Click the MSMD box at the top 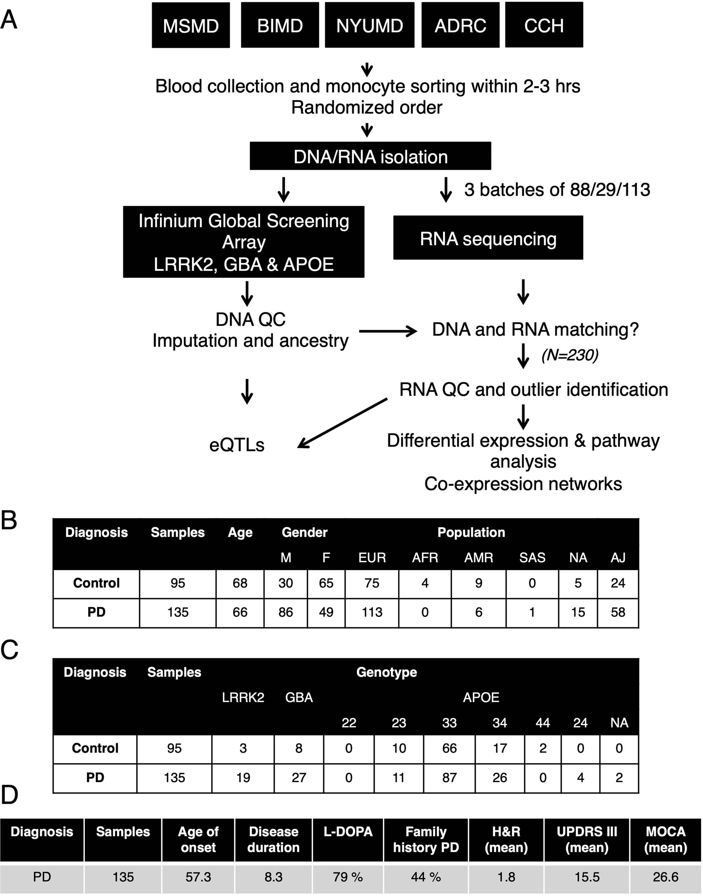191,25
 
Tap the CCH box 544,25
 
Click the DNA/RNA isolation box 370,157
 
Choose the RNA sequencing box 488,238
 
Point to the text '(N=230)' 570,355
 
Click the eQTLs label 237,445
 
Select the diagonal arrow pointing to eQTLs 342,423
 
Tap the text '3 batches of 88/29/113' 557,189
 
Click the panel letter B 9,521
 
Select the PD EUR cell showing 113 372,612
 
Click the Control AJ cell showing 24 618,583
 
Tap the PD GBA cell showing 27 299,777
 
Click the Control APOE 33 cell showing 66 449,748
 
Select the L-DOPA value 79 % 348,877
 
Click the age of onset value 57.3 198,877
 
